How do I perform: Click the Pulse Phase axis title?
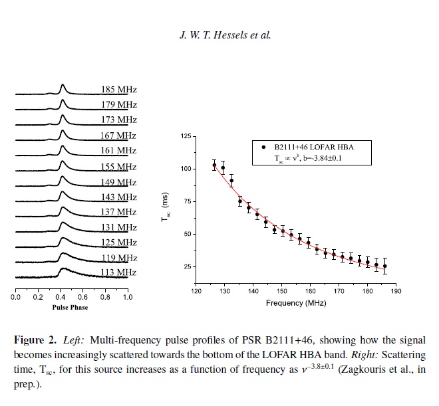tap(71, 308)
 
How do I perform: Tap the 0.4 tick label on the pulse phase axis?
tap(61, 297)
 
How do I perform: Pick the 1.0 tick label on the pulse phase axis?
tap(126, 297)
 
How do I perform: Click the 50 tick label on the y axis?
tap(186, 234)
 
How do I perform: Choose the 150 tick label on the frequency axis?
tap(281, 290)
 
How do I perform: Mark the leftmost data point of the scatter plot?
tap(214, 165)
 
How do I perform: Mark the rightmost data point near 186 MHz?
tap(384, 266)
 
